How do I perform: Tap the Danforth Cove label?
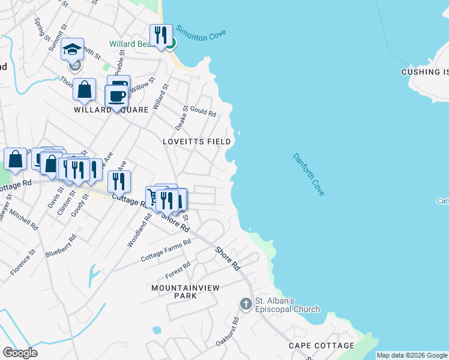click(309, 175)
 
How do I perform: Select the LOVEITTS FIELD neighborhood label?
click(197, 142)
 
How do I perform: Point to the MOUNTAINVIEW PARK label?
click(177, 292)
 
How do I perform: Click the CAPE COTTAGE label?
click(321, 346)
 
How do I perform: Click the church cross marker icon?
click(246, 304)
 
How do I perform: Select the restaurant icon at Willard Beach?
click(161, 35)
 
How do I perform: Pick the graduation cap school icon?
click(72, 50)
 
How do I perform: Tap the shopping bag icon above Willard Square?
click(85, 90)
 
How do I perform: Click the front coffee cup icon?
click(116, 97)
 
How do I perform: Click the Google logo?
click(20, 353)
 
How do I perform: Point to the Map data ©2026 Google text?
click(412, 355)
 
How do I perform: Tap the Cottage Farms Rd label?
click(166, 250)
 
